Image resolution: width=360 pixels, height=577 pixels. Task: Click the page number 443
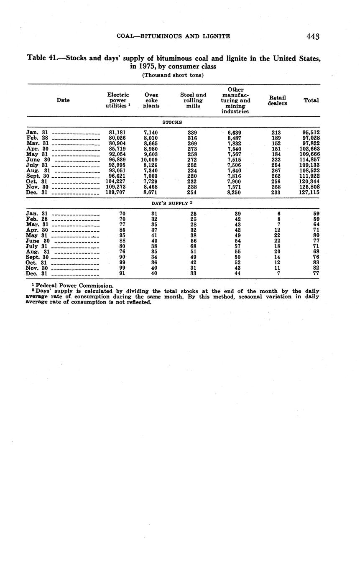coord(312,36)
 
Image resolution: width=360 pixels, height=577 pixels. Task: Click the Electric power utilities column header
coord(118,100)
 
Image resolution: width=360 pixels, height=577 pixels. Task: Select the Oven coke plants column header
coord(151,100)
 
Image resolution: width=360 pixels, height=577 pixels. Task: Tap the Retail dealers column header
coord(277,100)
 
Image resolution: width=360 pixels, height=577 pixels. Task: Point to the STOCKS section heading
coord(172,122)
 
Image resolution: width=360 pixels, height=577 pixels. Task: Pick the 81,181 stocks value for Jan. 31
coord(117,133)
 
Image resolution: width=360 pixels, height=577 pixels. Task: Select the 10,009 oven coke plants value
coord(149,160)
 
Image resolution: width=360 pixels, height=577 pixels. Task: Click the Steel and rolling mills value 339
coord(192,133)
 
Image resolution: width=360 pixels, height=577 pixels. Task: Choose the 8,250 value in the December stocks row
coord(234,192)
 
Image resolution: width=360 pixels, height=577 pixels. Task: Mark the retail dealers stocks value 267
coord(276,171)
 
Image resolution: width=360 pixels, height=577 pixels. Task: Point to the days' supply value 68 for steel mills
coord(193,246)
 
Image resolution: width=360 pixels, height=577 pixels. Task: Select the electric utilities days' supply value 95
coord(122,235)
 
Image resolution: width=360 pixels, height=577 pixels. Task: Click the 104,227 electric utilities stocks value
coord(116,181)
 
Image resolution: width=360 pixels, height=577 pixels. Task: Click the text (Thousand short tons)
coord(173,75)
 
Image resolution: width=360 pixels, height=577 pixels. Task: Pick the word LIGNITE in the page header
coord(216,36)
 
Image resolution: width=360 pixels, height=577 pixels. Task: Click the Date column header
coord(63,100)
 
